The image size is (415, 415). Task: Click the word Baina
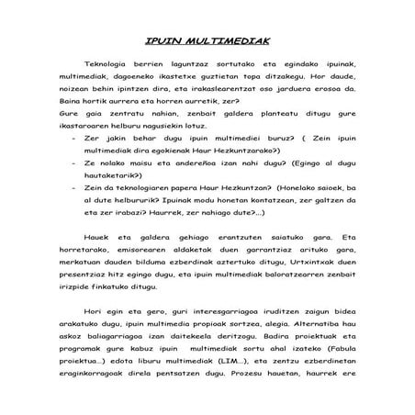coord(66,103)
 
